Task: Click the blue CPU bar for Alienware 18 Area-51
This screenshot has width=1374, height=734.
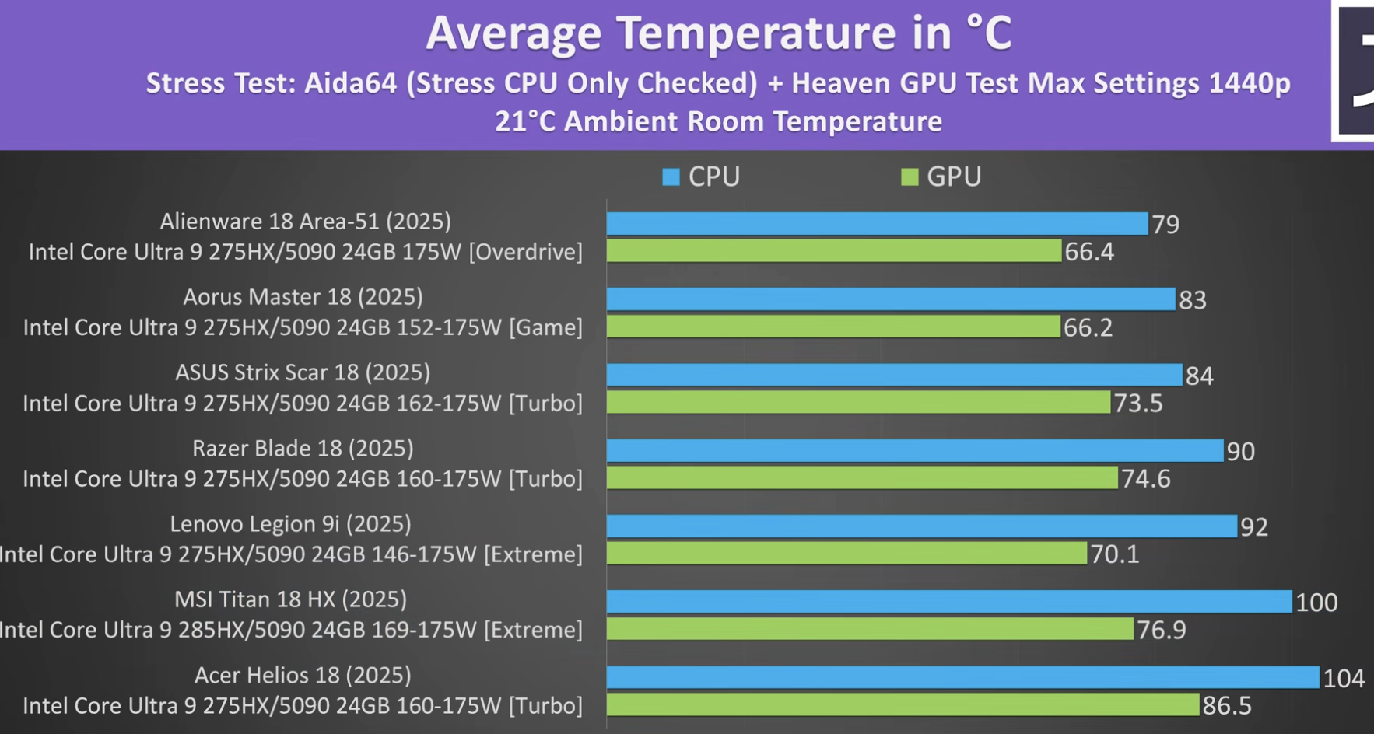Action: [x=877, y=224]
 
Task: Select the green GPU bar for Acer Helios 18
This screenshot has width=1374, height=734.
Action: [x=903, y=705]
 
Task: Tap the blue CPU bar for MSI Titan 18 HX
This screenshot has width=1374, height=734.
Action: [x=949, y=602]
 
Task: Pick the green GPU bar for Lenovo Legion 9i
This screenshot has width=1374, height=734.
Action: [x=846, y=554]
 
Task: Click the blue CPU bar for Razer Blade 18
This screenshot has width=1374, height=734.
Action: [x=915, y=451]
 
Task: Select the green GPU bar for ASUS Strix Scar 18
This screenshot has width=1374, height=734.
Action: [x=858, y=403]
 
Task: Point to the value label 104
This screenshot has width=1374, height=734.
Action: [x=1344, y=679]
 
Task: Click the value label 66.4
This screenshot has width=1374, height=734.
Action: [x=1089, y=252]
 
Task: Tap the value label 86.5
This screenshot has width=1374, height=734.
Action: [x=1227, y=706]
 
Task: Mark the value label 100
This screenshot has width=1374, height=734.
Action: [x=1316, y=603]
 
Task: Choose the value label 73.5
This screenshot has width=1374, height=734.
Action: [x=1138, y=404]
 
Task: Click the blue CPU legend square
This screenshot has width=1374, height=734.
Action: [x=671, y=177]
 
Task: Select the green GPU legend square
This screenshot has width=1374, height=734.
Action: [x=909, y=177]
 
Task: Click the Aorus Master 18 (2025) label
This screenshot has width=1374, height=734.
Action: [x=303, y=297]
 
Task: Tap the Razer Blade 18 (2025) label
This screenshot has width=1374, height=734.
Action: [x=303, y=449]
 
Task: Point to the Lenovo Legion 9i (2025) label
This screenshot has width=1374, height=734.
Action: [x=290, y=524]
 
